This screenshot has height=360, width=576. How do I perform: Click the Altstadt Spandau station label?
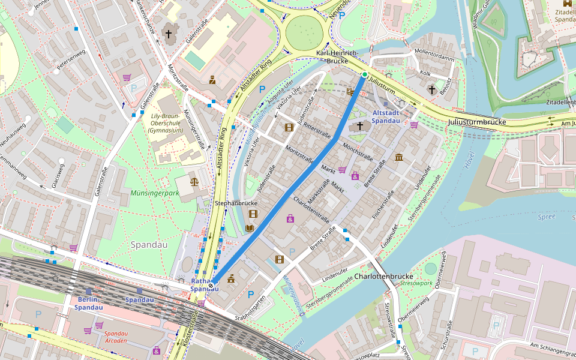386,116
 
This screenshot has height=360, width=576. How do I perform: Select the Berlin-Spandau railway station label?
89,303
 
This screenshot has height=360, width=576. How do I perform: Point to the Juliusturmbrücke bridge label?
477,122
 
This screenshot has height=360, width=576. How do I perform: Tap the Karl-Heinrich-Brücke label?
337,57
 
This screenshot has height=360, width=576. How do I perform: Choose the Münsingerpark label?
155,194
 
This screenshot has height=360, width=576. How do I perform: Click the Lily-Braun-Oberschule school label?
166,122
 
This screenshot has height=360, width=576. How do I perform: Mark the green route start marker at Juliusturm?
364,74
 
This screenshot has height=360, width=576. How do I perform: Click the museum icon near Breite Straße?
399,157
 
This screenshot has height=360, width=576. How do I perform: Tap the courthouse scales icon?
194,181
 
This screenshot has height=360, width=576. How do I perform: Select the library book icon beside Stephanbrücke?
250,228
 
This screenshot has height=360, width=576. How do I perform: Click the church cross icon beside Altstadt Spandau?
360,126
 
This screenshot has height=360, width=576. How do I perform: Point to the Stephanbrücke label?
236,203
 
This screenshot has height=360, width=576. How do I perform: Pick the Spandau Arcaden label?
115,337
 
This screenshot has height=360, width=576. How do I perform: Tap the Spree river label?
547,217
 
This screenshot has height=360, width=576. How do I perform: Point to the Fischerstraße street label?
382,205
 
